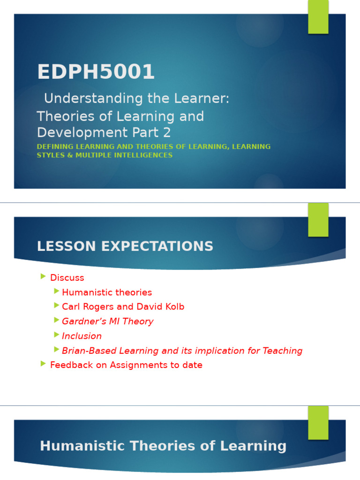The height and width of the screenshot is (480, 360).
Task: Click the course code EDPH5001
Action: click(96, 72)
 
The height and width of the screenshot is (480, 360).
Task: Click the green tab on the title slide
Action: click(318, 17)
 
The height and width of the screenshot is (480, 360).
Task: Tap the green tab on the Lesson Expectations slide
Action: click(318, 220)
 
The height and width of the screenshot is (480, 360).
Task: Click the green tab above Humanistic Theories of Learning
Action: click(318, 422)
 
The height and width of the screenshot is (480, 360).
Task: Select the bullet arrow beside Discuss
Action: click(44, 277)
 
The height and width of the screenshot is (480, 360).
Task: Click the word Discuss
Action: click(67, 277)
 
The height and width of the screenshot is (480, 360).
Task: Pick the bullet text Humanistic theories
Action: click(107, 292)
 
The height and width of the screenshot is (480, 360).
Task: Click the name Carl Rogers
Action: click(87, 307)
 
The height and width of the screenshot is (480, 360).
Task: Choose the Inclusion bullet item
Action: click(82, 336)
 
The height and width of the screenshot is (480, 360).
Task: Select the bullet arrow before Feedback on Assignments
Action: click(44, 364)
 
